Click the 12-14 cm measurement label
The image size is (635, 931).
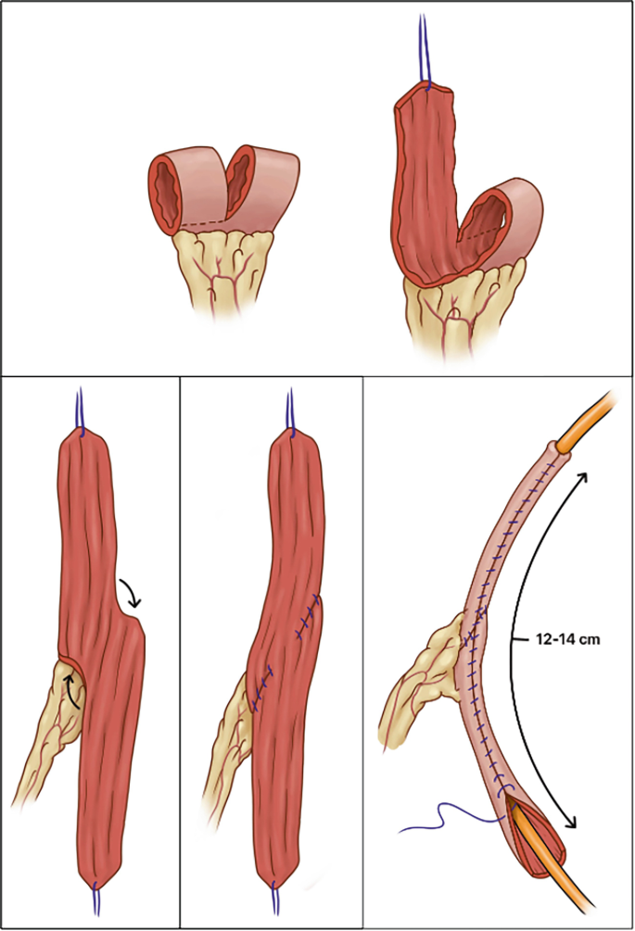pos(552,638)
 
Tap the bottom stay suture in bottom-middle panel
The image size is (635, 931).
pos(274,900)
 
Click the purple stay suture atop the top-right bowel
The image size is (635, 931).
pos(425,51)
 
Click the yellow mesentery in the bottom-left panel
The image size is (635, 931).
pos(45,741)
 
